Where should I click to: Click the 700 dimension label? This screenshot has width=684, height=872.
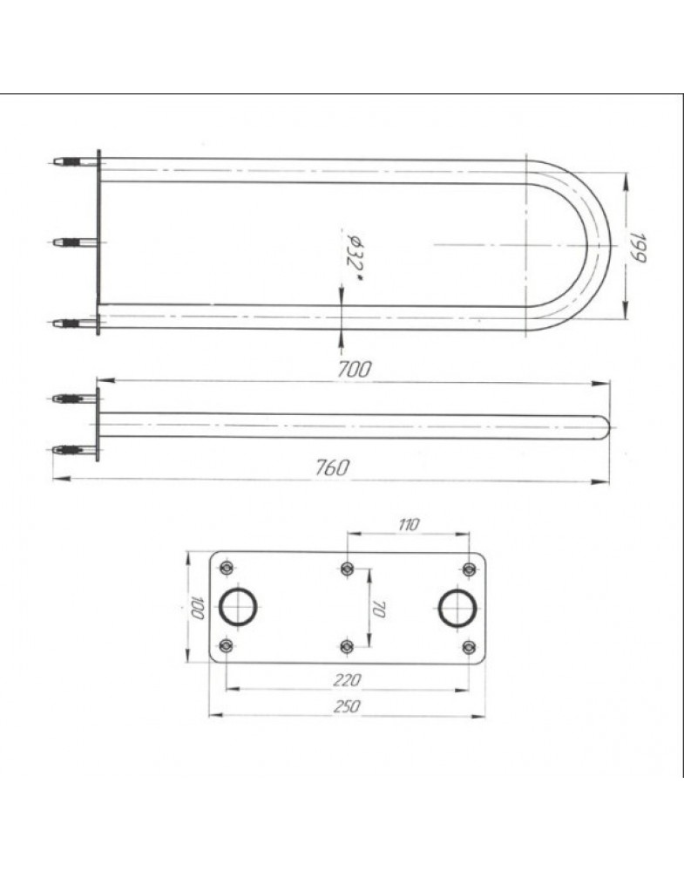[354, 369]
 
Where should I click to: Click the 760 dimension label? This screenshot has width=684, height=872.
[333, 467]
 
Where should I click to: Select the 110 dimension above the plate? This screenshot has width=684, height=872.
[409, 524]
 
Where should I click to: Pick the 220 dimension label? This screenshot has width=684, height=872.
[348, 679]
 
